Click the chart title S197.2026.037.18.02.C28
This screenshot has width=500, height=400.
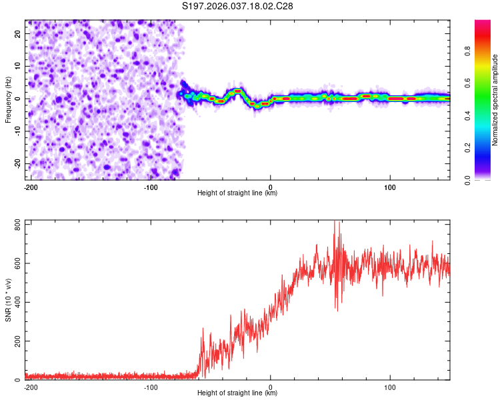237,6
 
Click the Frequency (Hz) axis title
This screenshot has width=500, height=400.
8,100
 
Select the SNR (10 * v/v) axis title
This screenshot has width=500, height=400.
8,300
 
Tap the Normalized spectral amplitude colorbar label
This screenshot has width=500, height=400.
495,100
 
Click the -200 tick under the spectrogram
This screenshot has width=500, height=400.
30,187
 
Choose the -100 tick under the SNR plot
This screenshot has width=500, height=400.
151,387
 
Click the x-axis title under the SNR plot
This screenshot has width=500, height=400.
237,393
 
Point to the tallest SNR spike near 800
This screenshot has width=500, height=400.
337,223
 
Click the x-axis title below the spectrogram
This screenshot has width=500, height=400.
237,193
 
